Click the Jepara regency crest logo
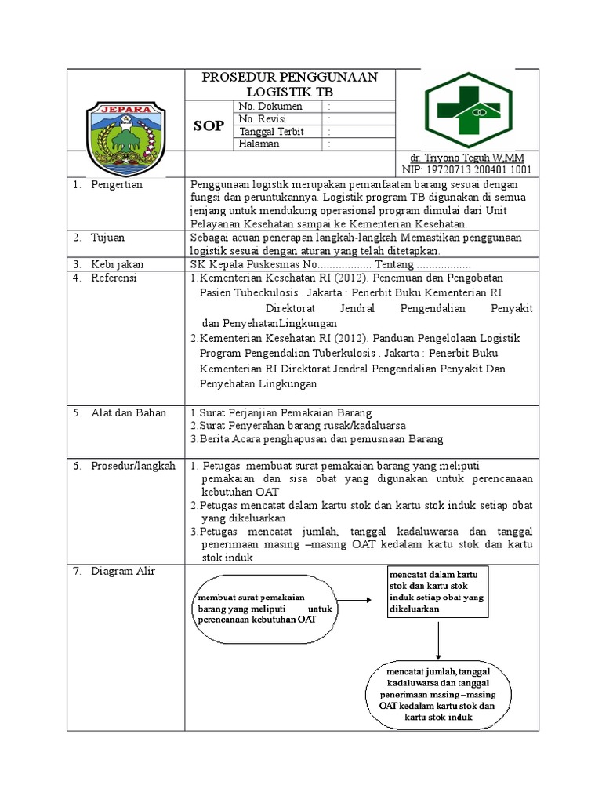pyautogui.click(x=125, y=129)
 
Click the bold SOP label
pyautogui.click(x=209, y=125)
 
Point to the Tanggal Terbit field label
pyautogui.click(x=270, y=132)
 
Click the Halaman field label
pyautogui.click(x=258, y=144)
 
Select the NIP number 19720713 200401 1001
pyautogui.click(x=467, y=169)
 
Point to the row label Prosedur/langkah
pyautogui.click(x=133, y=466)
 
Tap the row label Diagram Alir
pyautogui.click(x=123, y=571)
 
